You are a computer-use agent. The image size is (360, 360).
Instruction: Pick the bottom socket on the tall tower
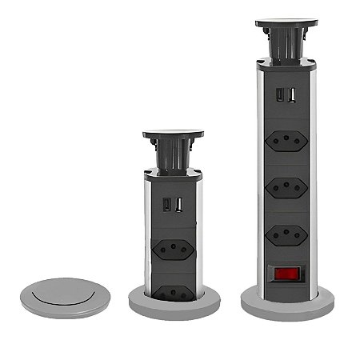coord(286,234)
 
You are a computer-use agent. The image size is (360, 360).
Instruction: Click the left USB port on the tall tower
coord(280,96)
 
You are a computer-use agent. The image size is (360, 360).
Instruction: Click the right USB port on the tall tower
coord(292,96)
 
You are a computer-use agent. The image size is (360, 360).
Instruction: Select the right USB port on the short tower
coord(178,206)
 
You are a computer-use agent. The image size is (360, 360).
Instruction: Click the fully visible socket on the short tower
coord(173,247)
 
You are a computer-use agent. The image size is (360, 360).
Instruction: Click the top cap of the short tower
coord(173,135)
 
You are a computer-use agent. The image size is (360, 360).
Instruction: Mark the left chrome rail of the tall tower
coord(260,176)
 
